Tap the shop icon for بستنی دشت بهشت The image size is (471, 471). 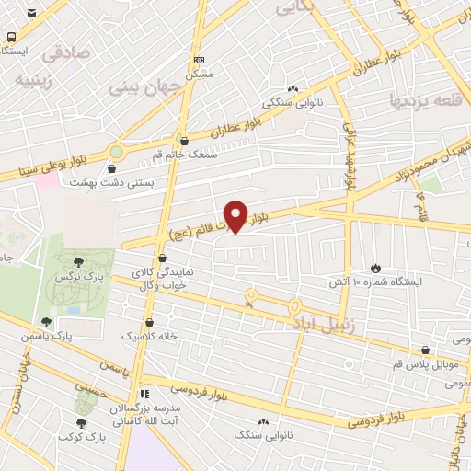click(x=112, y=168)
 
